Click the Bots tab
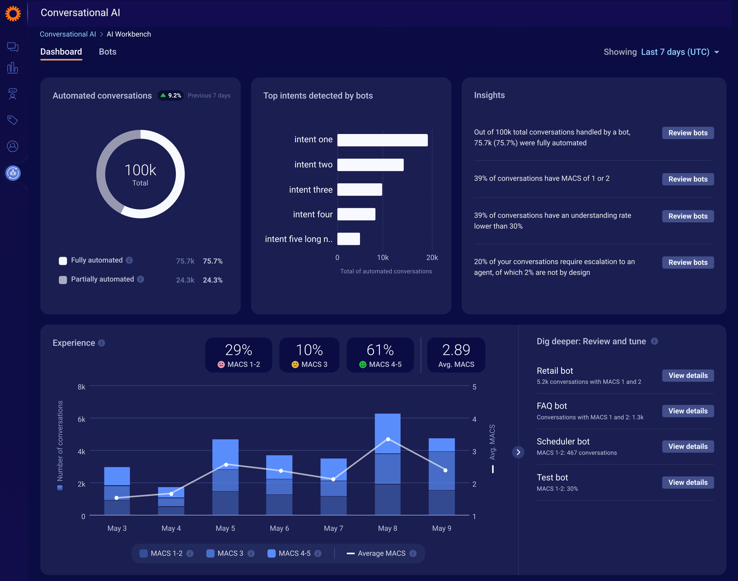coord(107,52)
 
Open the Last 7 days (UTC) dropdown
coord(679,52)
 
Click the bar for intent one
coord(382,140)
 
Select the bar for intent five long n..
coord(348,239)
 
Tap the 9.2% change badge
coord(171,96)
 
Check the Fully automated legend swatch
coord(63,261)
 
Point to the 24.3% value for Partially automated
coord(212,280)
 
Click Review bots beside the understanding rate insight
coord(687,216)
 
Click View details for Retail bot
coord(687,376)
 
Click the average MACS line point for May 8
coord(388,439)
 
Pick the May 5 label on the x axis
coord(225,528)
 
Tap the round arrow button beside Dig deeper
coord(518,452)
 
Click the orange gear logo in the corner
coord(13,14)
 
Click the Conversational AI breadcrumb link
coord(68,34)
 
